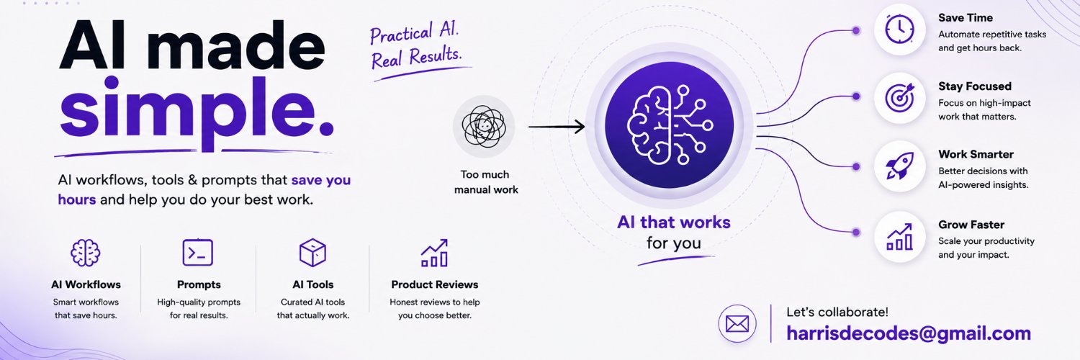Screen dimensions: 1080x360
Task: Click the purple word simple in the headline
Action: point(197,112)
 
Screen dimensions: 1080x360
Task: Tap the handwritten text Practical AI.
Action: point(414,33)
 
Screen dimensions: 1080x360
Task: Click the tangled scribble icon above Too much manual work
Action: point(484,126)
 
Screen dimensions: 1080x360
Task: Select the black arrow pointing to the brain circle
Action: point(557,127)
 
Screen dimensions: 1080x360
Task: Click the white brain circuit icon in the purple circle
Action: point(669,125)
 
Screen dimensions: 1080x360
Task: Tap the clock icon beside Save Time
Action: point(900,30)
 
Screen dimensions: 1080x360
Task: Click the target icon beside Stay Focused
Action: point(900,97)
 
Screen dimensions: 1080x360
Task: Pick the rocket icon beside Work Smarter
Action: point(900,166)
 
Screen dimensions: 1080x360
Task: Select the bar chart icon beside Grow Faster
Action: point(900,237)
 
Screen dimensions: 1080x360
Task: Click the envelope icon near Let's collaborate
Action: point(737,324)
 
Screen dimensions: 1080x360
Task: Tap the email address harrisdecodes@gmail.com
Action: point(909,333)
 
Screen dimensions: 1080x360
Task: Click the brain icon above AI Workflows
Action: point(86,253)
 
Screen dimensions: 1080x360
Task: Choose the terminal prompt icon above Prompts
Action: point(198,253)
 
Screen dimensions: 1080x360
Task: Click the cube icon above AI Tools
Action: point(312,253)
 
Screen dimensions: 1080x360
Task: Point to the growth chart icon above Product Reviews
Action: point(434,253)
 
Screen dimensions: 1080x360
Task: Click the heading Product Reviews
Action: point(434,284)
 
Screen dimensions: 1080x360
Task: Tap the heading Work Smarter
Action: point(976,154)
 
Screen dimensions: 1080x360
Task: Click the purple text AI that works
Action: point(673,222)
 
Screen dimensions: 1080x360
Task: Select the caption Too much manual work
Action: point(486,182)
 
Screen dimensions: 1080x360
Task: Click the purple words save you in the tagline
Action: point(320,180)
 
